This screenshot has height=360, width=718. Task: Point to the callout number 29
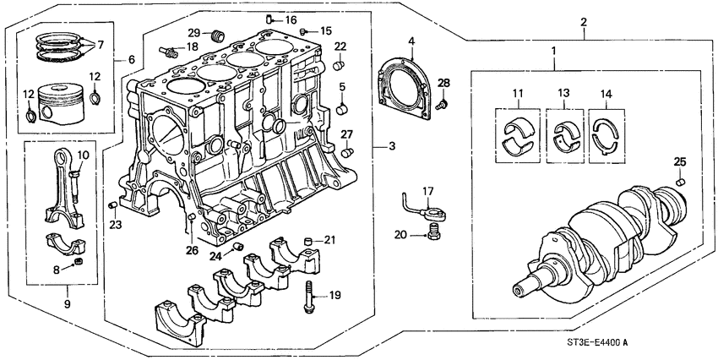click(193, 32)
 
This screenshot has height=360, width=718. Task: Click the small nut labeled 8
click(79, 265)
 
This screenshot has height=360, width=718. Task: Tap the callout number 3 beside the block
click(391, 147)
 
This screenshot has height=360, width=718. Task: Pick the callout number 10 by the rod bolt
click(82, 155)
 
